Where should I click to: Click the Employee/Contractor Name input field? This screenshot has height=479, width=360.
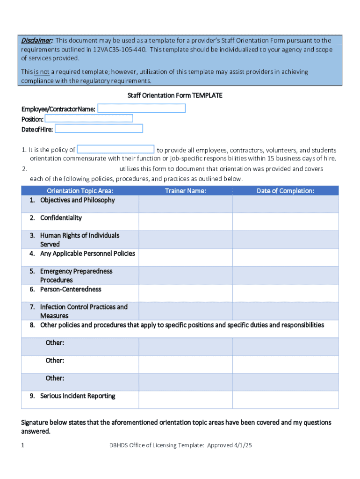click(141, 109)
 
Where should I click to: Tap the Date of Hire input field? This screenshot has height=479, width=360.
click(99, 129)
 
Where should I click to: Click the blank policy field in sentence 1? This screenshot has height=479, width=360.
click(115, 150)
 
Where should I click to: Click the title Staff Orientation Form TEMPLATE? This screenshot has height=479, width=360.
click(175, 95)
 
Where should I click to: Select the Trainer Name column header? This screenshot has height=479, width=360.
click(186, 190)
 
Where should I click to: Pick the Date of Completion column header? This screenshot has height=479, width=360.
click(285, 190)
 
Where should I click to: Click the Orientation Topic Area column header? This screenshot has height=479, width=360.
click(80, 190)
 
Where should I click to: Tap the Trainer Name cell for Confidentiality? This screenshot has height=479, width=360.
click(186, 222)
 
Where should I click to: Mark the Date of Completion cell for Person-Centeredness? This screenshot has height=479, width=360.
click(285, 293)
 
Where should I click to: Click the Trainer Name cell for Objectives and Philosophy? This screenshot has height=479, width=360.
click(186, 204)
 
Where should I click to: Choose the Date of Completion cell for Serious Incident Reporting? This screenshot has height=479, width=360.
click(285, 399)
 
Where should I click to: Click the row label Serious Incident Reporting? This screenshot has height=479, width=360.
click(78, 396)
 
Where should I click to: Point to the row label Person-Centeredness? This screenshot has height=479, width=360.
click(71, 290)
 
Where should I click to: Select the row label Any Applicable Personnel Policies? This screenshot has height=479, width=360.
click(87, 254)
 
